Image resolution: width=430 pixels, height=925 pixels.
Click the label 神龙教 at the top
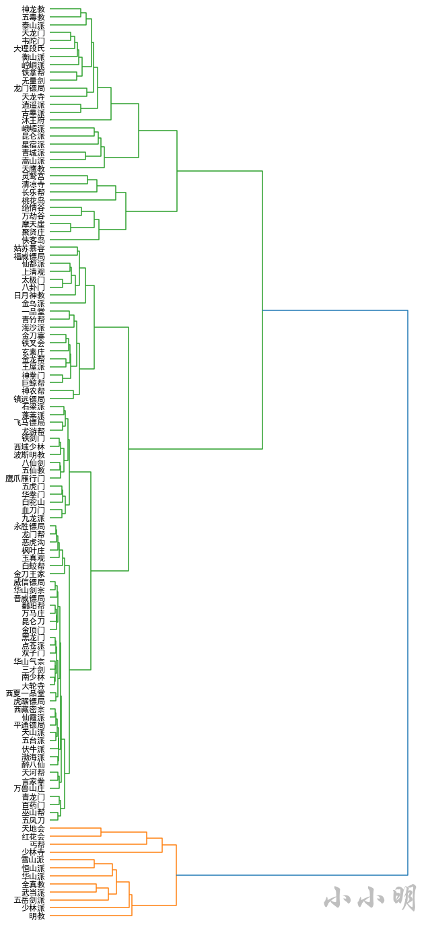coord(33,9)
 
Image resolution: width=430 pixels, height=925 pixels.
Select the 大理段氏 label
coord(29,48)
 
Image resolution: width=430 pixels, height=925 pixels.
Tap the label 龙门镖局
coord(29,88)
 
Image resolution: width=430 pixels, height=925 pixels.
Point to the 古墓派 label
coord(33,112)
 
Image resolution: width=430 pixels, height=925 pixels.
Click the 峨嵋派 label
coord(33,129)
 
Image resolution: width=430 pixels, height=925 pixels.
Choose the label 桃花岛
coord(33,200)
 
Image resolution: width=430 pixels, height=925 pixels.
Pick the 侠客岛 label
coord(33,240)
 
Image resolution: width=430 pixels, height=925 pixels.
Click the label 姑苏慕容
coord(29,248)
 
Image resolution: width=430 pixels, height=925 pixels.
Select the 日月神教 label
coord(29,296)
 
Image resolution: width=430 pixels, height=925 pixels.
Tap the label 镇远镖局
coord(29,399)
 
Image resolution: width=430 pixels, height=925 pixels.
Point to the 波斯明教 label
coord(29,455)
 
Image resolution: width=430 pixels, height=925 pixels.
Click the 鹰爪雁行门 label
coord(25,479)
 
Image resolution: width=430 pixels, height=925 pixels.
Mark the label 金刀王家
coord(29,574)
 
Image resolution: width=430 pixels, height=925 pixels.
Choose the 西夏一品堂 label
coord(25,693)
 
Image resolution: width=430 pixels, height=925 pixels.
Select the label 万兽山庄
coord(29,788)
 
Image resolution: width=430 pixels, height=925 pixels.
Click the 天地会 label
coord(33,829)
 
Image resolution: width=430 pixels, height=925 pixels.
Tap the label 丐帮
coord(37,844)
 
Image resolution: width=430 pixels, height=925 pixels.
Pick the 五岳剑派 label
coord(29,900)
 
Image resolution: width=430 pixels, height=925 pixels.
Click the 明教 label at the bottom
coord(37,916)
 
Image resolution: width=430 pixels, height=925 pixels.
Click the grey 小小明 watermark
coord(370,897)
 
